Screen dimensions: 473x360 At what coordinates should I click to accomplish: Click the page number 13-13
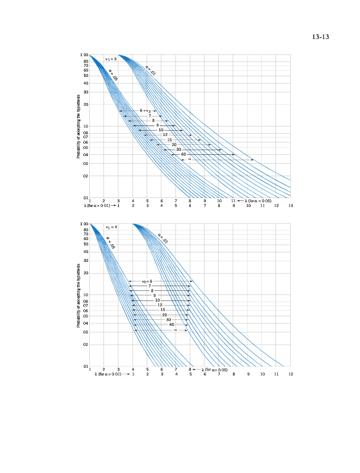tap(320, 37)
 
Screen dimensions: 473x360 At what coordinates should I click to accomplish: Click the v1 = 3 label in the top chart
tap(111, 59)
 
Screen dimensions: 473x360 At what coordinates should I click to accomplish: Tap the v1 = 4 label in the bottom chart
tap(111, 227)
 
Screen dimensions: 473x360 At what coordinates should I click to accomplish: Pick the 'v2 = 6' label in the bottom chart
tap(147, 281)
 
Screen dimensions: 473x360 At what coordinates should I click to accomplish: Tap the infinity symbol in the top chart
tap(189, 160)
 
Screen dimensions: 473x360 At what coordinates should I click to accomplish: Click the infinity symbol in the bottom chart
tap(176, 330)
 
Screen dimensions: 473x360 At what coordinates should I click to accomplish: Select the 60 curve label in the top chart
tap(184, 154)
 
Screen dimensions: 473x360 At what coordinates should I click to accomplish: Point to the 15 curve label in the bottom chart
tap(163, 310)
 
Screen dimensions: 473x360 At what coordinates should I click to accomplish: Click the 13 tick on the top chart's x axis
tap(291, 205)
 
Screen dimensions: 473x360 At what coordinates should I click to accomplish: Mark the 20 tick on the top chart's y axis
tap(86, 105)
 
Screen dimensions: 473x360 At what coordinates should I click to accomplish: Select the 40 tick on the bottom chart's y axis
tap(86, 252)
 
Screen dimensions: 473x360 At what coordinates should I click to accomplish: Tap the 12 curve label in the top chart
tap(166, 135)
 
